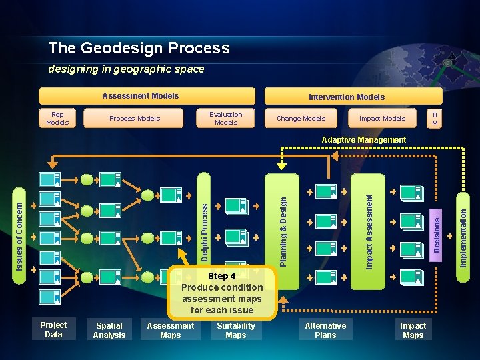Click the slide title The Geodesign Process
point(139,48)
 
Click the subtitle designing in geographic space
point(126,69)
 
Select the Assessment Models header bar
point(147,96)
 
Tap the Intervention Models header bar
point(346,97)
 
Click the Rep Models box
point(57,118)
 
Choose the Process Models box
point(135,118)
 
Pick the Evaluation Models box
point(226,118)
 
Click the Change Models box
point(301,118)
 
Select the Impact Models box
point(382,118)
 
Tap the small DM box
point(435,118)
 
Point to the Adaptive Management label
point(363,140)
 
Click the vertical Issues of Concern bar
point(20,228)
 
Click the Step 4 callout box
point(221,293)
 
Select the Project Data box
point(53,329)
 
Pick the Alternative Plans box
point(325,330)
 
